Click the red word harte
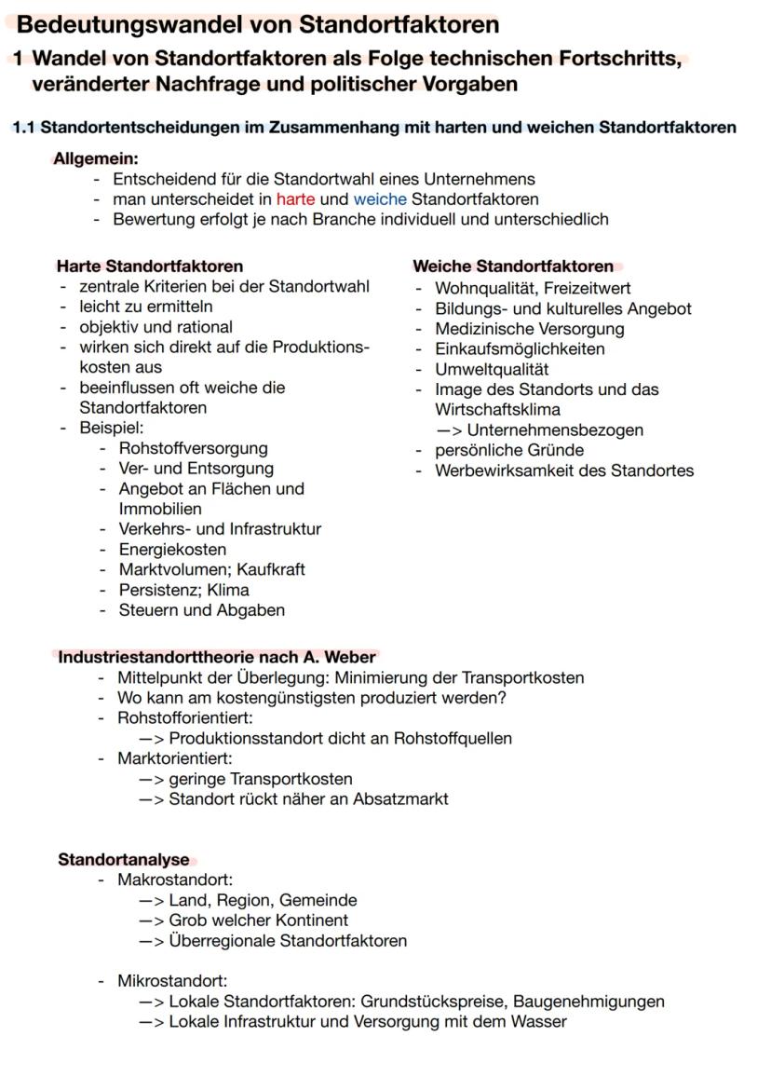pyautogui.click(x=295, y=199)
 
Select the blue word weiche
pyautogui.click(x=380, y=199)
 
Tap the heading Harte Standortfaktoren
pyautogui.click(x=150, y=266)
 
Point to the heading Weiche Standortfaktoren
pyautogui.click(x=513, y=266)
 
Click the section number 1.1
pyautogui.click(x=24, y=127)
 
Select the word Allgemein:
pyautogui.click(x=96, y=158)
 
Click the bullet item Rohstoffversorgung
pyautogui.click(x=193, y=448)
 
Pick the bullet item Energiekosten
pyautogui.click(x=172, y=550)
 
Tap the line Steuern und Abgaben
pyautogui.click(x=202, y=610)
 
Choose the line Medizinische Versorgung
pyautogui.click(x=530, y=329)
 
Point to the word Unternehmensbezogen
pyautogui.click(x=555, y=430)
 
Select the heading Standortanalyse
pyautogui.click(x=123, y=859)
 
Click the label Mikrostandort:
pyautogui.click(x=172, y=981)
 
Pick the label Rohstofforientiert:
pyautogui.click(x=185, y=717)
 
